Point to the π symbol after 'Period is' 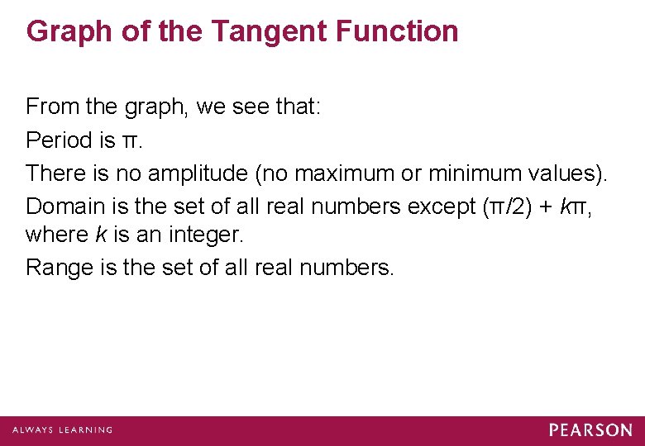click(x=130, y=141)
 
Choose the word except click(x=440, y=207)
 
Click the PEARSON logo click(x=590, y=430)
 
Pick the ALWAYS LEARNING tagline click(x=62, y=430)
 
